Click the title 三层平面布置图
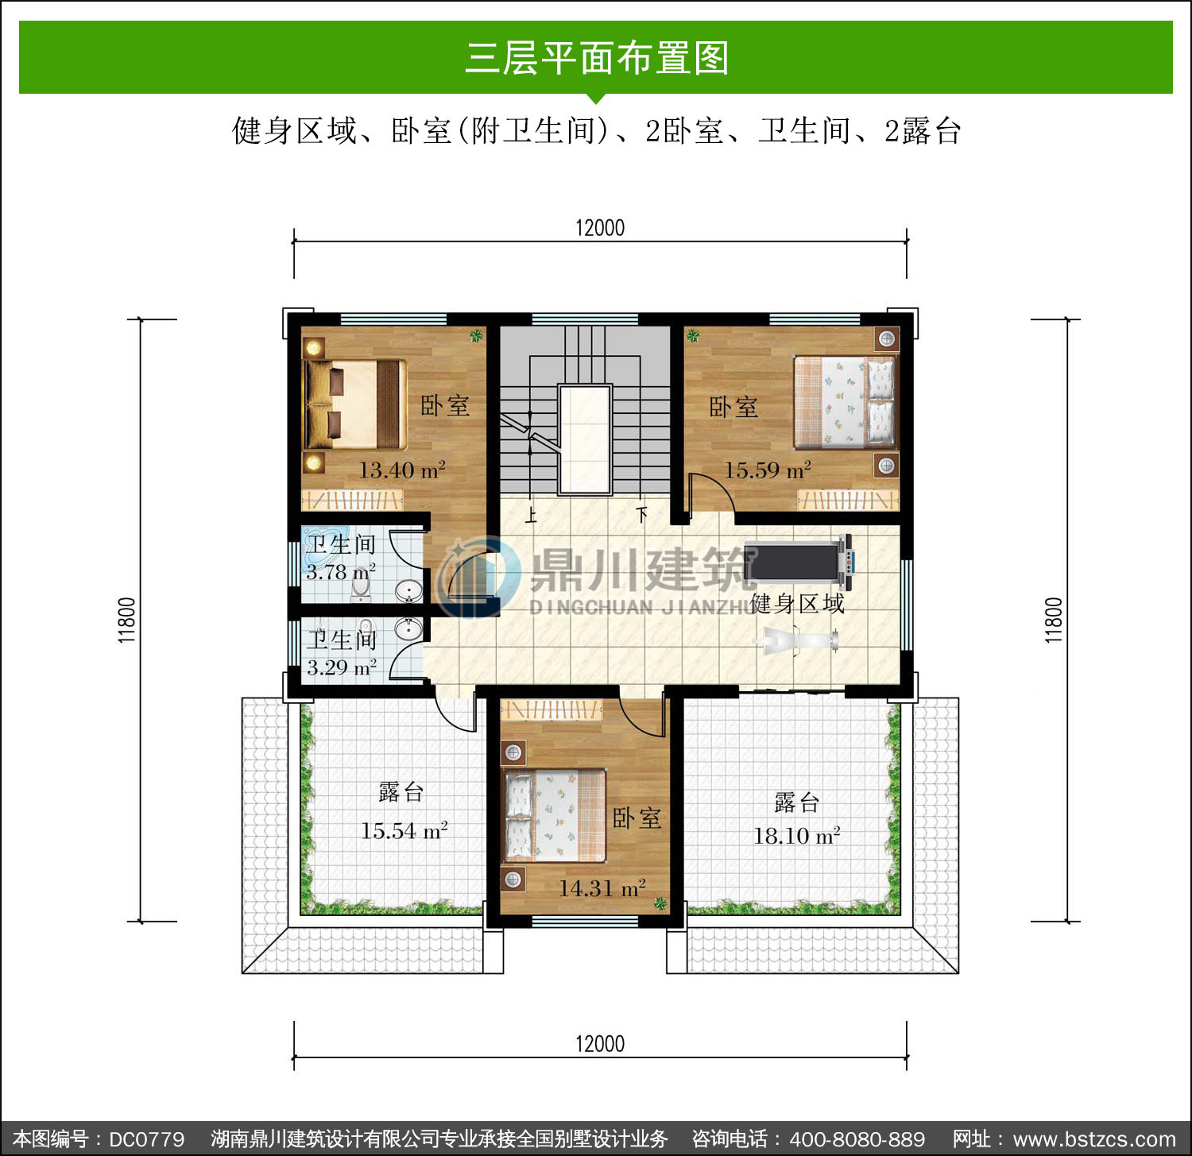tap(597, 58)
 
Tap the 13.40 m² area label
tap(401, 470)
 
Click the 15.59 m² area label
tap(767, 470)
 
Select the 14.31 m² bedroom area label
tap(602, 887)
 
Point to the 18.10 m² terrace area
tap(796, 835)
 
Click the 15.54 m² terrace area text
tap(404, 830)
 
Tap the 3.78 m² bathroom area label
tap(340, 571)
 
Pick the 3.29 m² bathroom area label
tap(342, 667)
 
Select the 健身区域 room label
tap(797, 604)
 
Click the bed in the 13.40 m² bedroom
tap(354, 405)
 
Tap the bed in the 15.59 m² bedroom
tap(845, 401)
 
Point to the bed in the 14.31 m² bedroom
tap(555, 815)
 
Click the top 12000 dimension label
tap(600, 228)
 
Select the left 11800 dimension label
tap(127, 620)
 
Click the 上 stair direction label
tap(531, 516)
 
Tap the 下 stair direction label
tap(642, 514)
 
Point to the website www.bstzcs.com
tap(1094, 1139)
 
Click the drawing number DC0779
tap(146, 1139)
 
